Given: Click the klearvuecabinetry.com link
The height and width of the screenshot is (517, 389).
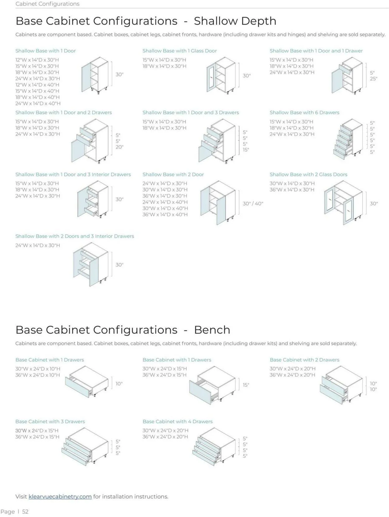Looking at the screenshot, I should point(60,496).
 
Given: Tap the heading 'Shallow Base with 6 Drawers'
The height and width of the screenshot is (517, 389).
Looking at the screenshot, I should point(304,112).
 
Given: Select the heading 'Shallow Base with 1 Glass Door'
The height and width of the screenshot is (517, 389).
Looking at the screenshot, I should point(180,51).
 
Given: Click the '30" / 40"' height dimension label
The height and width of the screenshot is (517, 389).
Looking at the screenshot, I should point(253,204).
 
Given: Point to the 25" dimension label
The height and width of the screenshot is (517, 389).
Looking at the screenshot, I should point(373,79).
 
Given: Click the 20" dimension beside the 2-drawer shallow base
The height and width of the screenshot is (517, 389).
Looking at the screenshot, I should point(120,147).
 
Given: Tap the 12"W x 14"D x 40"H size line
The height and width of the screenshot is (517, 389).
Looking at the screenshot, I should point(37,85).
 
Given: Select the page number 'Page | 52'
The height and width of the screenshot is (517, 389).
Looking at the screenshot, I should point(15,511).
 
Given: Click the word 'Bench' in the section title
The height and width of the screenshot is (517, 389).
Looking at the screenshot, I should point(212,330).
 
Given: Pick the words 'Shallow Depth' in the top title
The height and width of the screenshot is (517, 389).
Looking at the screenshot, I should point(235,21).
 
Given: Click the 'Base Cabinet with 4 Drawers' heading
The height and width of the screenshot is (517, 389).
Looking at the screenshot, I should point(177,421).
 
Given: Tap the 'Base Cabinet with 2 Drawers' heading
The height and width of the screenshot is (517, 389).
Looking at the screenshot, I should point(304,360).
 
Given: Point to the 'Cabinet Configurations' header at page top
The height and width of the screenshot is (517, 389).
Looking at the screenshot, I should point(47,4).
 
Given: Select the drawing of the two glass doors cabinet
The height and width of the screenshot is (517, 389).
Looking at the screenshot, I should point(343,202).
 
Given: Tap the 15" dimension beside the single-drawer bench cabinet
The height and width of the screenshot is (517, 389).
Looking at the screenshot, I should point(246,385).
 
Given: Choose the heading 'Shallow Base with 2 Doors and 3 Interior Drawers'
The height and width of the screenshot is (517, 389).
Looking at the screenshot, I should point(75,236).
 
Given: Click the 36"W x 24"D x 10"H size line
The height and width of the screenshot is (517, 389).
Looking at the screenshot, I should point(38,375).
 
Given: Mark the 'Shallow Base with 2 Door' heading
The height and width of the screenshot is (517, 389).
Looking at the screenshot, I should point(173,174).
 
